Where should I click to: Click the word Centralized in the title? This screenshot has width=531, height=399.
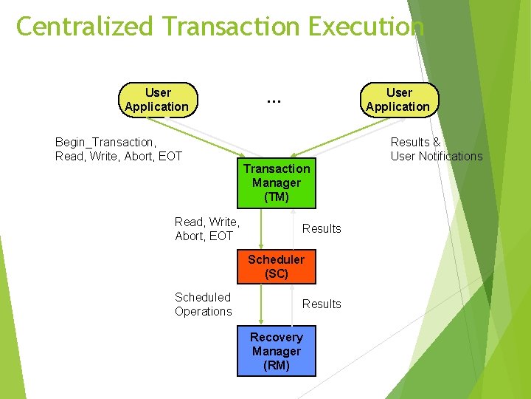(x=86, y=27)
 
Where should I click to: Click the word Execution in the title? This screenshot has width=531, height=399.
(x=367, y=27)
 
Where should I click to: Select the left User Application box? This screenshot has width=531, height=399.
(x=158, y=100)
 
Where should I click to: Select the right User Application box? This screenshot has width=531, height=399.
(x=399, y=100)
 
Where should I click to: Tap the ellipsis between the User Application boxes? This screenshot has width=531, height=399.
(x=273, y=100)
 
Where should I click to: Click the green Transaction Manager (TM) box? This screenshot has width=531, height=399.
(x=277, y=183)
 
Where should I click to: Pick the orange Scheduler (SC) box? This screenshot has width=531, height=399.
(x=276, y=267)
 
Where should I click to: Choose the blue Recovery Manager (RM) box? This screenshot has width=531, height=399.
(x=276, y=351)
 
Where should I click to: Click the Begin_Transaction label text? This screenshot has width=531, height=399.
(x=105, y=142)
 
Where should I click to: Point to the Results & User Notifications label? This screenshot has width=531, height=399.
(x=436, y=149)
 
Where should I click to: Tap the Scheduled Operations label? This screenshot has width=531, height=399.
(x=203, y=304)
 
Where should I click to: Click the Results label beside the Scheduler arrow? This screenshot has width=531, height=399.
(x=322, y=228)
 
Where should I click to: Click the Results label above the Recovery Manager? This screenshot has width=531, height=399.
(x=322, y=304)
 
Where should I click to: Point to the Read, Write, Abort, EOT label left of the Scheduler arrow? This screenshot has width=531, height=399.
(x=206, y=228)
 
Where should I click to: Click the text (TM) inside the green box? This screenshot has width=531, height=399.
(x=277, y=197)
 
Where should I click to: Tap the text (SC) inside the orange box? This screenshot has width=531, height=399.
(x=277, y=274)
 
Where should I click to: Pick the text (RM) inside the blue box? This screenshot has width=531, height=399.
(x=276, y=365)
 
